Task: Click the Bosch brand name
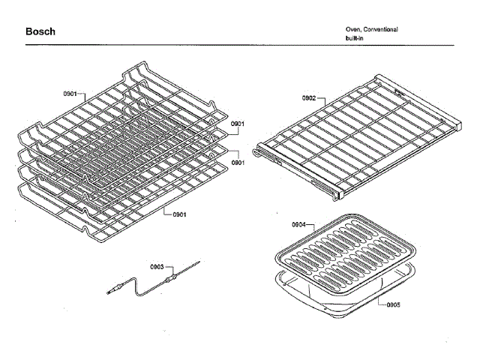40,31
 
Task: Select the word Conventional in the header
381,29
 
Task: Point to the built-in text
346,37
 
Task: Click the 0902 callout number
309,97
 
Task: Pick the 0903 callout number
157,266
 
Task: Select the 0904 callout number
298,224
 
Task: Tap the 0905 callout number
393,304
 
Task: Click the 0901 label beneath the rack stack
179,214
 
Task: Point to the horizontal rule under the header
240,45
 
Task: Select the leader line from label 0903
170,268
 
